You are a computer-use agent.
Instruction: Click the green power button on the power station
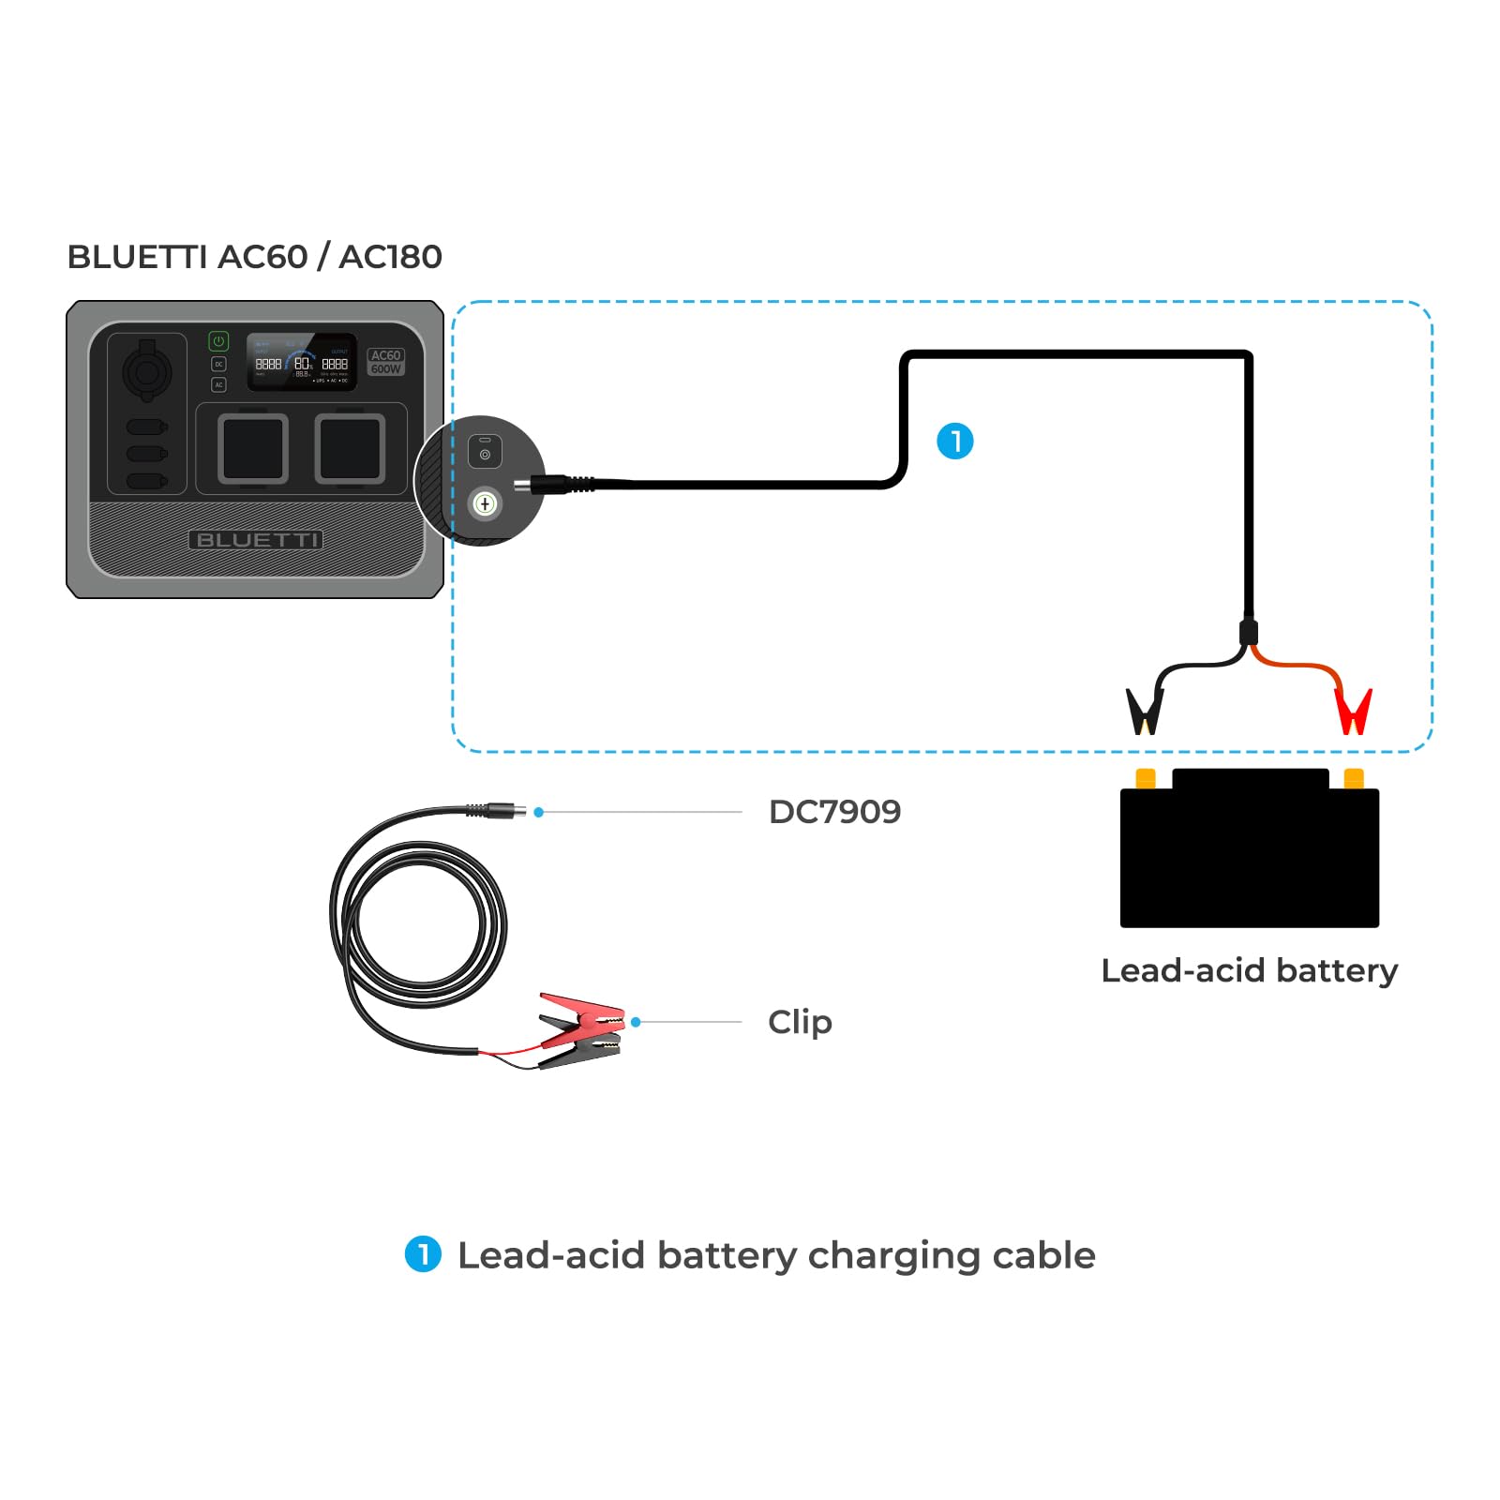click(x=218, y=341)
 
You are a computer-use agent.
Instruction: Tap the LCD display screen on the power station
click(x=301, y=362)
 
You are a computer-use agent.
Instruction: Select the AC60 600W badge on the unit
click(x=385, y=362)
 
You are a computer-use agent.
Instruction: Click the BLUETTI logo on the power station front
click(x=256, y=540)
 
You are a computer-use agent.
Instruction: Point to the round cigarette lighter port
click(x=146, y=372)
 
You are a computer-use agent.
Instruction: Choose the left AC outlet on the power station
click(x=253, y=449)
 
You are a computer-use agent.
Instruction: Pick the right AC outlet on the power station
click(x=350, y=449)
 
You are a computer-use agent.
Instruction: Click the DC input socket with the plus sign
click(x=485, y=504)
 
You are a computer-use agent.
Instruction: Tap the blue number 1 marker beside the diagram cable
click(x=955, y=441)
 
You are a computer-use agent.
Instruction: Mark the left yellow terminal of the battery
click(x=1146, y=779)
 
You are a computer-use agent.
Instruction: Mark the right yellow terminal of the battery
click(x=1354, y=779)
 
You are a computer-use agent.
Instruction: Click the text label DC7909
click(x=834, y=812)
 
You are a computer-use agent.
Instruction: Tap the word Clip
click(x=800, y=1022)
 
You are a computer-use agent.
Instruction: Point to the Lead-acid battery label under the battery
click(x=1249, y=970)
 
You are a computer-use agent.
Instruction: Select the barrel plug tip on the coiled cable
click(x=517, y=811)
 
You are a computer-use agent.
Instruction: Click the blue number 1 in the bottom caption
click(x=423, y=1254)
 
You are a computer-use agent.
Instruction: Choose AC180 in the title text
click(x=390, y=257)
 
